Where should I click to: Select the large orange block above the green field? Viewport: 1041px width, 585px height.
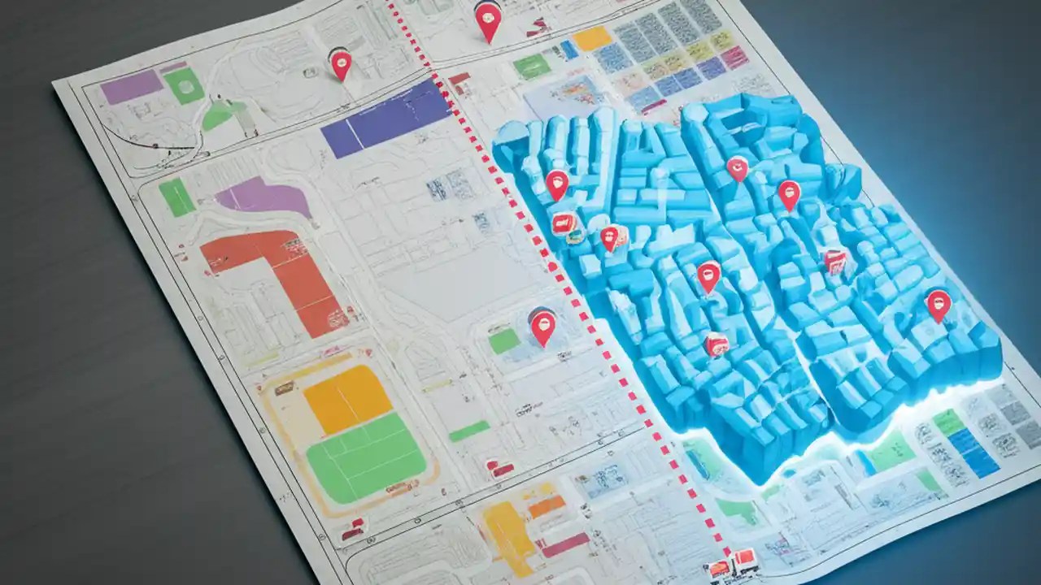[x=347, y=397]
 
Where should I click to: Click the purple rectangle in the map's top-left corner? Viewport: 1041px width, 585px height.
[x=130, y=86]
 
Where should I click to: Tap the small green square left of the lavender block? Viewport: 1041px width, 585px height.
[x=176, y=197]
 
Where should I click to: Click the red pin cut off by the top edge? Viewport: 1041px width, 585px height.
[x=487, y=19]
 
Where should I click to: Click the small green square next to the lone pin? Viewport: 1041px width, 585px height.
[x=504, y=340]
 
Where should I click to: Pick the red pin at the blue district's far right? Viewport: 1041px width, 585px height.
[x=939, y=304]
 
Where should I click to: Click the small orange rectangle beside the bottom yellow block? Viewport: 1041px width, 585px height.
[x=547, y=506]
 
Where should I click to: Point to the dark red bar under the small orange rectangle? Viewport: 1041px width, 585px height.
[x=564, y=544]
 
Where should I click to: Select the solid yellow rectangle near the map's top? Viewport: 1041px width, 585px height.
[x=592, y=37]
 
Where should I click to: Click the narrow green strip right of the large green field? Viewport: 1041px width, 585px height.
[x=469, y=431]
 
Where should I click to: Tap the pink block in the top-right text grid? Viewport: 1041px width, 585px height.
[x=734, y=57]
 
